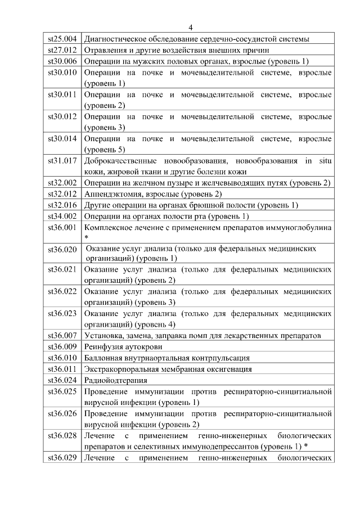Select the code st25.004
click(62, 39)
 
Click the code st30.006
click(62, 61)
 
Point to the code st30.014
click(62, 138)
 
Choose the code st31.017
click(62, 161)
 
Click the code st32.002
click(62, 183)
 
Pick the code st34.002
click(62, 216)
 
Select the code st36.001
click(62, 227)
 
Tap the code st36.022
click(62, 291)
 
